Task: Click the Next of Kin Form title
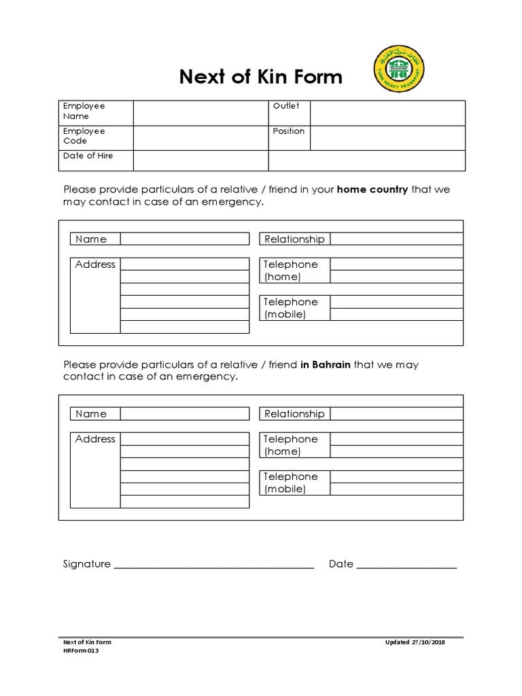261,77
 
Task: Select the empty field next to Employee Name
201,113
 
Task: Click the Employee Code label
84,136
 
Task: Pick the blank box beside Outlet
387,113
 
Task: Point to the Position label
289,131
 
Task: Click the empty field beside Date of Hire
201,160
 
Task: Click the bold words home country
372,190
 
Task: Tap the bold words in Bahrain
326,364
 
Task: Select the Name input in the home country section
185,239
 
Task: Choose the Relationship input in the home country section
396,239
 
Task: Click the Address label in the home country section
95,264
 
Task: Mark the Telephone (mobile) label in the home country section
291,308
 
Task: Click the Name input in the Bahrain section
185,413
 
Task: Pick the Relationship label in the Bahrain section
294,413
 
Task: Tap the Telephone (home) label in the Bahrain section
291,445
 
